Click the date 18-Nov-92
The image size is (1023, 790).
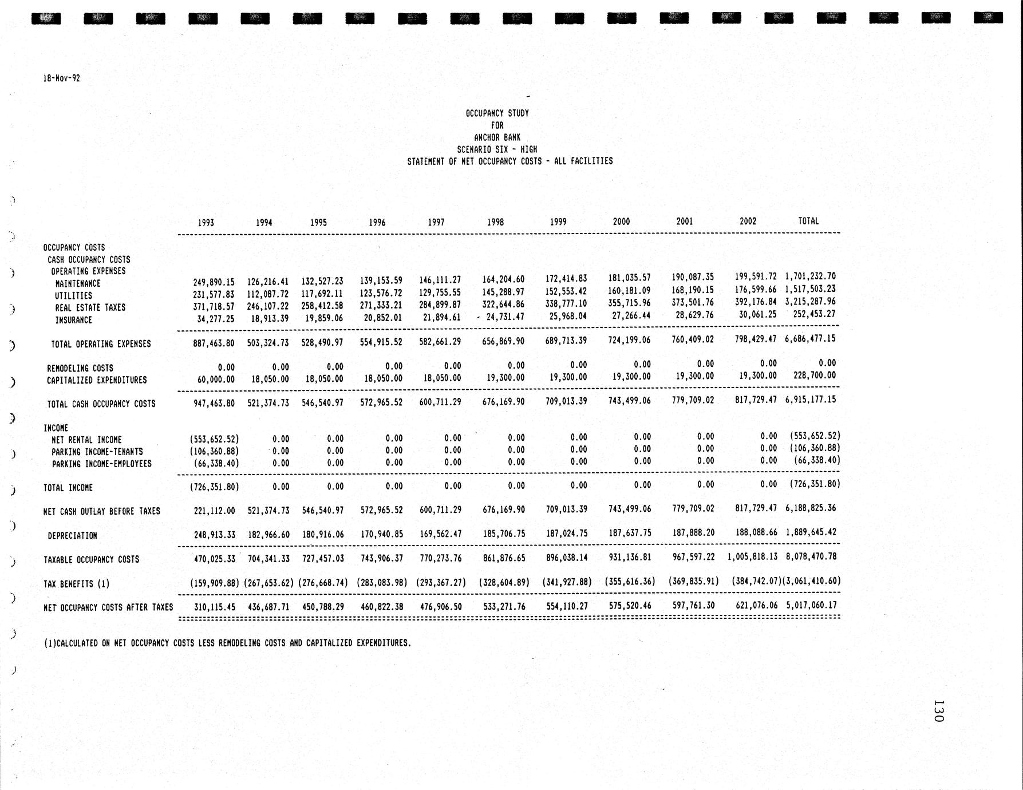click(61, 78)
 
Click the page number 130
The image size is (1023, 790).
click(938, 710)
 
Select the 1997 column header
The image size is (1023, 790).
click(436, 222)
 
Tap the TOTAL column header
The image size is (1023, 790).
click(808, 221)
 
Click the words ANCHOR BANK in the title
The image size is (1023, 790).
click(497, 137)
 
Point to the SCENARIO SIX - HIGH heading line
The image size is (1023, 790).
click(497, 149)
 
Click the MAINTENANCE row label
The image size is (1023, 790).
click(78, 283)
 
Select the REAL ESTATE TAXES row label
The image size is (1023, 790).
click(90, 307)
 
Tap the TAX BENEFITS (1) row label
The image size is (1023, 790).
click(76, 584)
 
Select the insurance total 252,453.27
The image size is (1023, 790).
click(814, 314)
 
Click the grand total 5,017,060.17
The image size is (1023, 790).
click(811, 605)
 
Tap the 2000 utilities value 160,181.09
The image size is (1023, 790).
click(629, 290)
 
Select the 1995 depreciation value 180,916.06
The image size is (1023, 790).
click(322, 534)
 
